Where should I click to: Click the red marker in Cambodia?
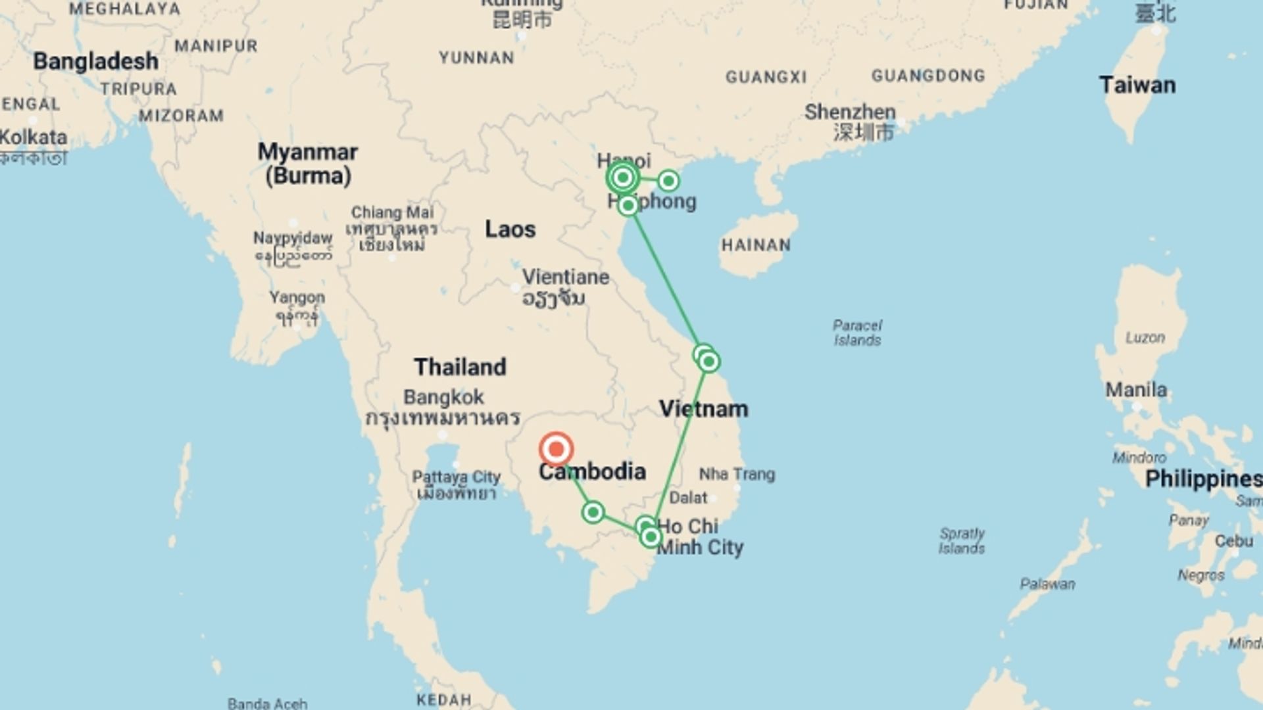[556, 450]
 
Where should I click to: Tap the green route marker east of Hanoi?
[668, 180]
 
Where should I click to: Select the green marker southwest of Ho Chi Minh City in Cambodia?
[593, 512]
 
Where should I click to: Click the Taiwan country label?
[1137, 85]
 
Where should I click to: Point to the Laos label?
[510, 229]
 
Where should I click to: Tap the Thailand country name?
[460, 367]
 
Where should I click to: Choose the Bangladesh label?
[96, 61]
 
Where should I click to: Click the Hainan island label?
[756, 245]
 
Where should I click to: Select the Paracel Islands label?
[857, 333]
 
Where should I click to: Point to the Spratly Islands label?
[962, 540]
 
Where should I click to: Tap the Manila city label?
[1136, 390]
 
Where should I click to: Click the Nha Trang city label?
[737, 474]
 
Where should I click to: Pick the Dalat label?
[688, 498]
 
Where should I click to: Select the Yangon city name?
[297, 298]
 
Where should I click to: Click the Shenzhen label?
[850, 112]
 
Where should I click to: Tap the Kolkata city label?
[34, 137]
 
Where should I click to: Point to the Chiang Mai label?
[392, 212]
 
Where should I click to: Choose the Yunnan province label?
[476, 58]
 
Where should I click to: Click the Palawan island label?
[1047, 584]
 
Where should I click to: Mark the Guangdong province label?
[928, 76]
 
